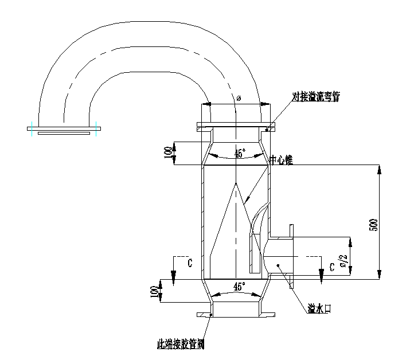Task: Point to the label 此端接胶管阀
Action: click(181, 345)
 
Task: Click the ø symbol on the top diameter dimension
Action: click(239, 98)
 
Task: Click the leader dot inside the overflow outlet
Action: click(279, 265)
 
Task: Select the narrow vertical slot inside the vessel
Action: click(253, 252)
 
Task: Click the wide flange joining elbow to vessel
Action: click(235, 125)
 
